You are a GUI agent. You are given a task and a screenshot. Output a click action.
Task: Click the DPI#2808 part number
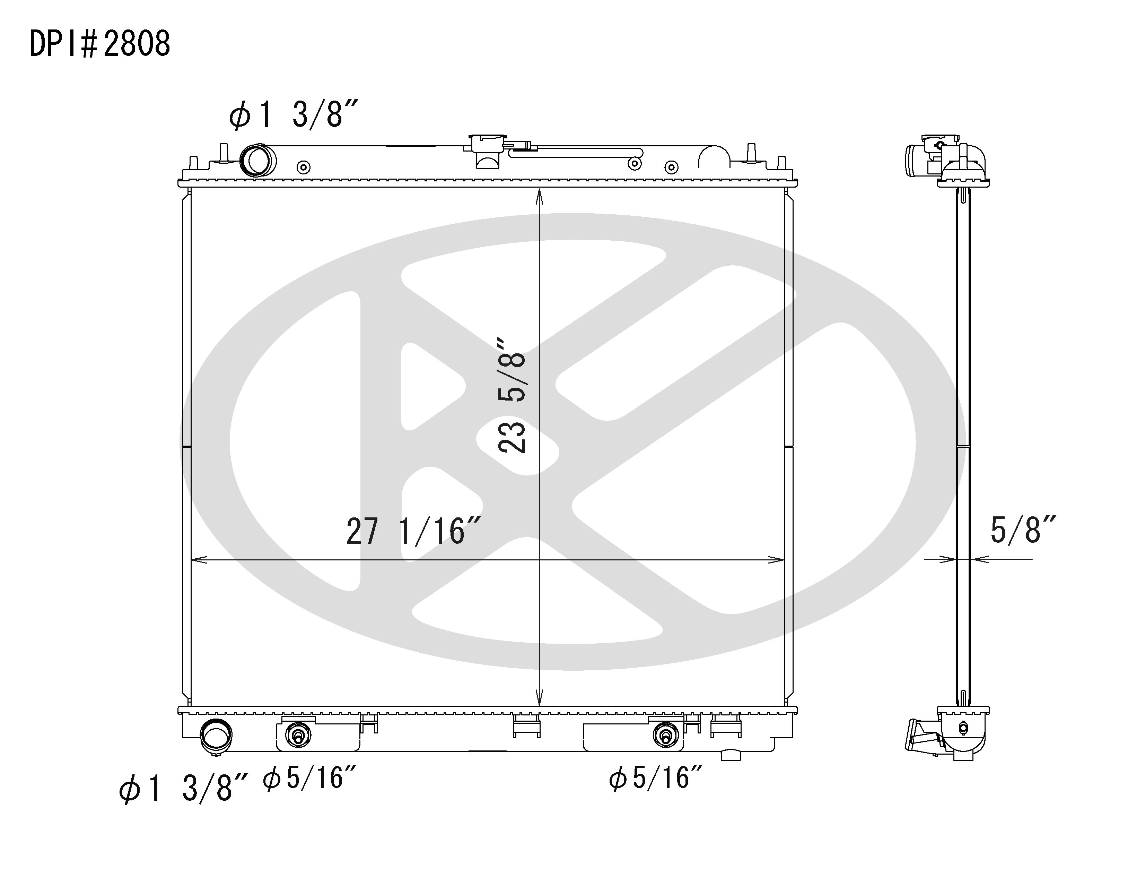click(x=99, y=44)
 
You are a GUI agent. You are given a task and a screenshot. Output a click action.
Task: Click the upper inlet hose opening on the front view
click(x=258, y=161)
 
